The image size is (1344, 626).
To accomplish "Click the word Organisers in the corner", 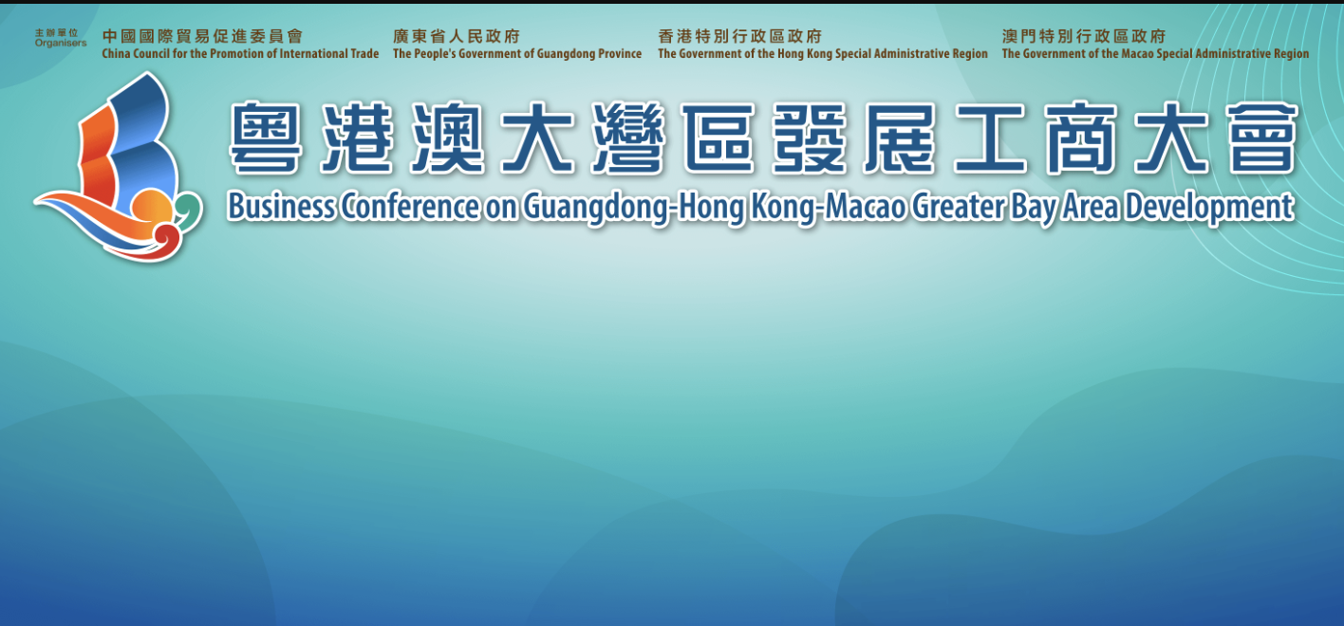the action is click(x=61, y=44).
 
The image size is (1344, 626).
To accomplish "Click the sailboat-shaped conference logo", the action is click(x=119, y=167).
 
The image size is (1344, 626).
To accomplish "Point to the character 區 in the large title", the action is click(x=719, y=138).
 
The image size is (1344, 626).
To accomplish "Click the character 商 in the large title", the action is click(x=1081, y=138).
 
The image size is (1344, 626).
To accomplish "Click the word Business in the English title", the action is click(x=281, y=207).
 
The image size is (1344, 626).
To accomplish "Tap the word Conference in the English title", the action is click(x=410, y=207).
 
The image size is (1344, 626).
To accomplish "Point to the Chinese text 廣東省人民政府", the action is click(x=457, y=37).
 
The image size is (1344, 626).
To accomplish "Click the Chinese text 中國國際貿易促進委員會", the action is click(x=203, y=37).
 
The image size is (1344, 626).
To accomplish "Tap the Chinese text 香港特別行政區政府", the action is click(x=739, y=37).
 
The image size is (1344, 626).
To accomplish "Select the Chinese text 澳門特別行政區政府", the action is click(x=1084, y=37).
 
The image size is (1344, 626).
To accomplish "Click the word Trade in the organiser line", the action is click(x=364, y=53).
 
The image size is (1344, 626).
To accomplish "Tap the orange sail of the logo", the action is click(x=97, y=162).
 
